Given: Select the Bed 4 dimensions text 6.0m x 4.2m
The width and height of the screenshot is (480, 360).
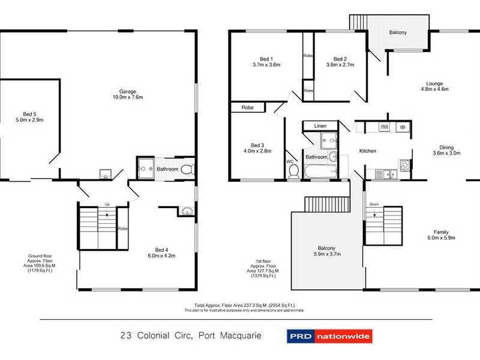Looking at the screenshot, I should tap(165, 256).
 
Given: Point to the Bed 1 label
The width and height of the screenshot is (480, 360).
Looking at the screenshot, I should tap(263, 59).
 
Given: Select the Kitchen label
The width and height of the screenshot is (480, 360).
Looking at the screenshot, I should tap(367, 151).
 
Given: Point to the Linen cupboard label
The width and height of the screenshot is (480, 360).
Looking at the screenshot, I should tap(320, 125).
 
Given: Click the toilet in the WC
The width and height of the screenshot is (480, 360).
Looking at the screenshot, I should tap(293, 172).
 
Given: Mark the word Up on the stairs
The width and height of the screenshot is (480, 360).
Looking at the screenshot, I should tap(107, 204).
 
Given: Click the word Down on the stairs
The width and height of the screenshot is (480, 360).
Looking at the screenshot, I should tap(374, 204).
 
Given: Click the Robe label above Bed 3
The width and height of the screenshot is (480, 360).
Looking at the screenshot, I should tap(247, 107).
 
